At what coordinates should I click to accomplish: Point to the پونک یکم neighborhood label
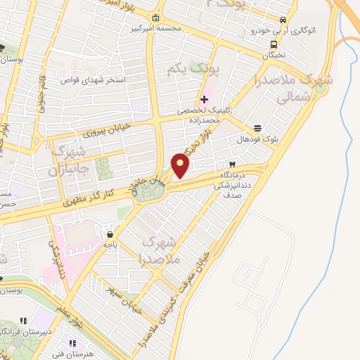194,70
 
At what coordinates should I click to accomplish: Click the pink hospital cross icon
205,99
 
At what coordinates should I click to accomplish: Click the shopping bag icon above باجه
110,233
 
